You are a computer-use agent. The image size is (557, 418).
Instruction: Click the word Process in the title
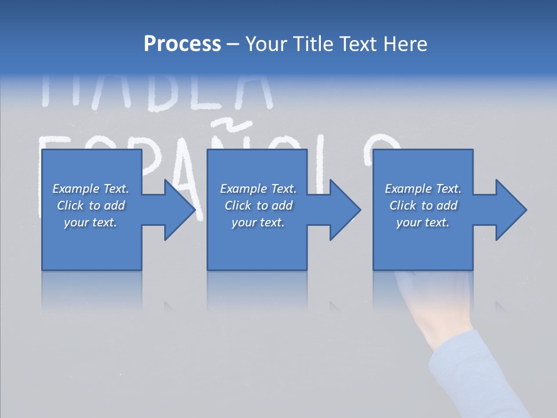pyautogui.click(x=182, y=44)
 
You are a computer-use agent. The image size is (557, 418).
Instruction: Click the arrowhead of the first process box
pyautogui.click(x=179, y=210)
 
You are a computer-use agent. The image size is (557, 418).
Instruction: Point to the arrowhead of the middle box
pyautogui.click(x=345, y=210)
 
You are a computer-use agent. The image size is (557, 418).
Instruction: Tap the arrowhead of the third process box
pyautogui.click(x=511, y=210)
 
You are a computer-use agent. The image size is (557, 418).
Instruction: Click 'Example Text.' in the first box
pyautogui.click(x=91, y=189)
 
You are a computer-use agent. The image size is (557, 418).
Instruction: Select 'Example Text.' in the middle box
pyautogui.click(x=258, y=189)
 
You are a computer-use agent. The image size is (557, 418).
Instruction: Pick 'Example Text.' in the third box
pyautogui.click(x=423, y=189)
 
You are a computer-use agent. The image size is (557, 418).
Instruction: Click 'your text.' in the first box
pyautogui.click(x=91, y=222)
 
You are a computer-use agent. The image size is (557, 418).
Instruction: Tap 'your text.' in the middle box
pyautogui.click(x=258, y=222)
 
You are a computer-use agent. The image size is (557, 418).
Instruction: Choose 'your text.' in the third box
pyautogui.click(x=423, y=222)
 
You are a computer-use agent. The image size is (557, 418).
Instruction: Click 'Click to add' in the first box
pyautogui.click(x=91, y=206)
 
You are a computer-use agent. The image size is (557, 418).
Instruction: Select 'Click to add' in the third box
pyautogui.click(x=423, y=206)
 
